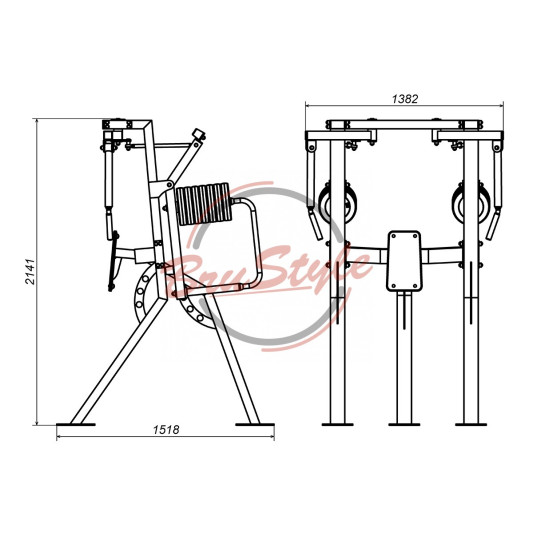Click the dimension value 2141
30,271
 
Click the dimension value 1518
166,430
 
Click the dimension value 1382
405,99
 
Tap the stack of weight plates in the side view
204,204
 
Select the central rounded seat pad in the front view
404,261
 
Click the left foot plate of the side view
76,424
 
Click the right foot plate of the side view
255,424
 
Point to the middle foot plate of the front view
404,424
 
